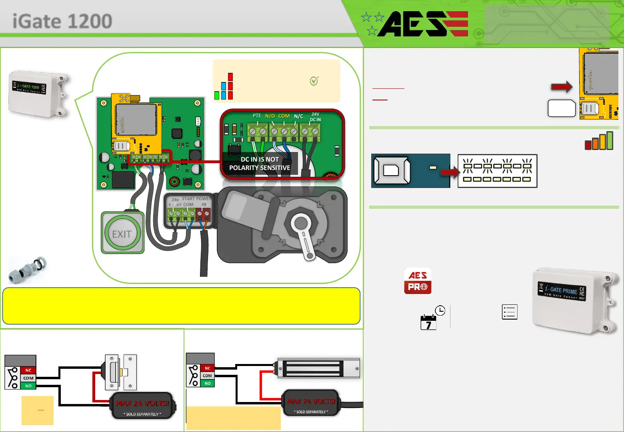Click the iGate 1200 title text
tap(62, 21)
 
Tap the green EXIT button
tap(122, 234)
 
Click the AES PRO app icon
tap(418, 281)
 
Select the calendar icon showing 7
tap(428, 322)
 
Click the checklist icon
tap(510, 312)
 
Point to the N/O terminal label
tap(270, 116)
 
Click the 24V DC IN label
tap(316, 117)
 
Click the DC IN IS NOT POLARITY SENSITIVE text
tap(260, 164)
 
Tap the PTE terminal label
tap(257, 116)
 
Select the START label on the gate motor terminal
tap(188, 198)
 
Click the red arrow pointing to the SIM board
tap(562, 86)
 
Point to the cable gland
tap(27, 269)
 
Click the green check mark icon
tap(314, 81)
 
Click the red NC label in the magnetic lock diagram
tap(207, 368)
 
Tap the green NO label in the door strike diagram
tap(28, 386)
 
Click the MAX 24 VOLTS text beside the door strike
tap(142, 403)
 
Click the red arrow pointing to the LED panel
tap(450, 172)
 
